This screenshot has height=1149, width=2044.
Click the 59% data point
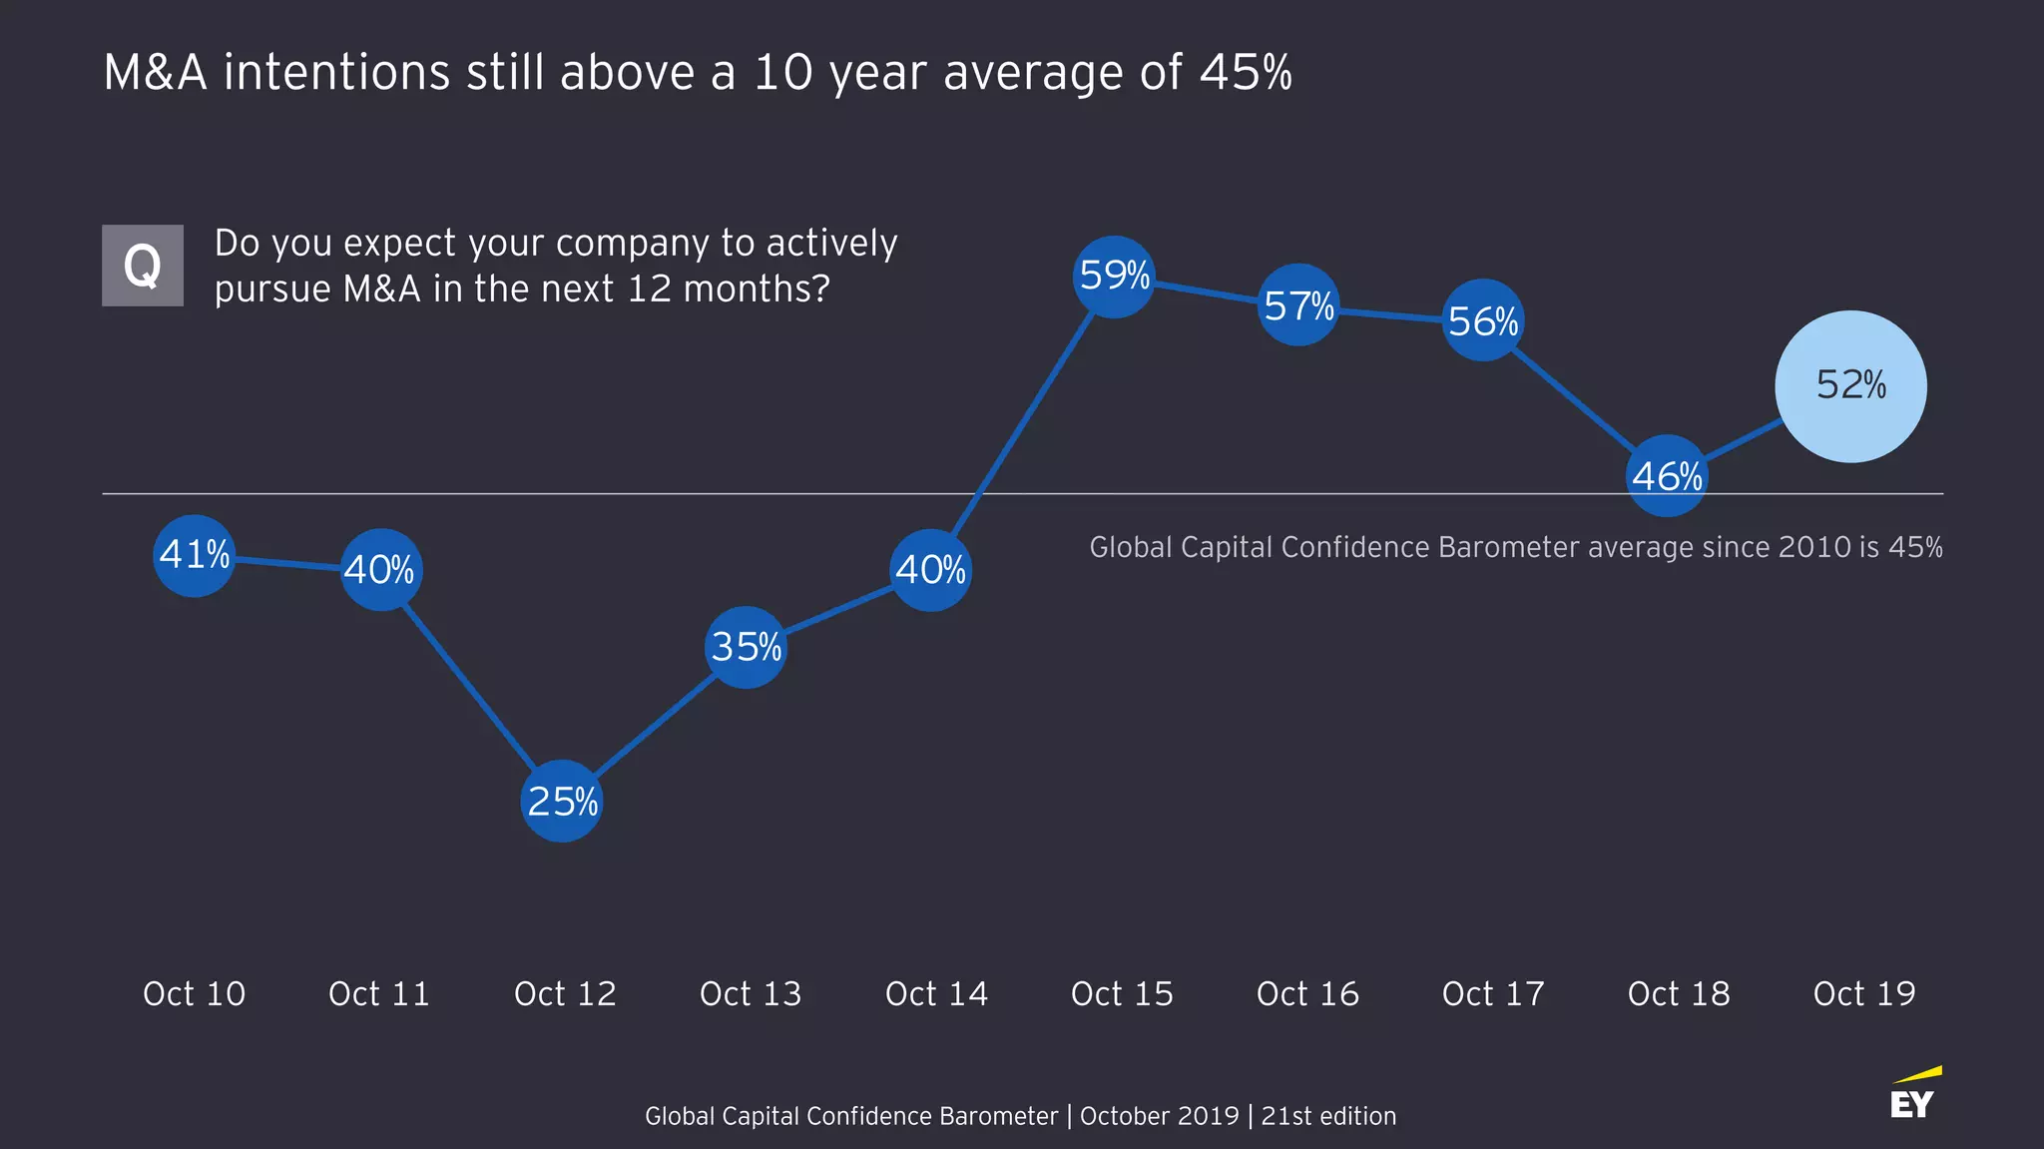click(1114, 277)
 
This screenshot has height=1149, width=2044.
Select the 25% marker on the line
click(562, 801)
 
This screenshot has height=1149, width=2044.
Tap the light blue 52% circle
click(1850, 386)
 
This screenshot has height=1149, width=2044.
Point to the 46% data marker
click(1667, 476)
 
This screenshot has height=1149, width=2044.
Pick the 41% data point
click(195, 555)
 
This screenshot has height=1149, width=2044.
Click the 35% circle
click(746, 647)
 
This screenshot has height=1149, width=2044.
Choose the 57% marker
click(1297, 305)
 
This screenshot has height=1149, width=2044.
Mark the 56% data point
click(1483, 320)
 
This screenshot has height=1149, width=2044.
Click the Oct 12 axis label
click(565, 994)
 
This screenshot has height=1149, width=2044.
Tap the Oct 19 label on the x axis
click(1864, 994)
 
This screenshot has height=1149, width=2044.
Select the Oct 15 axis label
click(1122, 994)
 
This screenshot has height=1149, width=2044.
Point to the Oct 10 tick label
click(194, 994)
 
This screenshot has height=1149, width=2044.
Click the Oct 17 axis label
click(1493, 994)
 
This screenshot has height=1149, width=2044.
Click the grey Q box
click(143, 266)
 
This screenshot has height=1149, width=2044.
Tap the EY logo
click(1913, 1095)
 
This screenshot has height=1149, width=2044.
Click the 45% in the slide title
click(1246, 73)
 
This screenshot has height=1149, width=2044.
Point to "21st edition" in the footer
click(1328, 1116)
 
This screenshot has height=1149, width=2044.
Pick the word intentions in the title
click(336, 73)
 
